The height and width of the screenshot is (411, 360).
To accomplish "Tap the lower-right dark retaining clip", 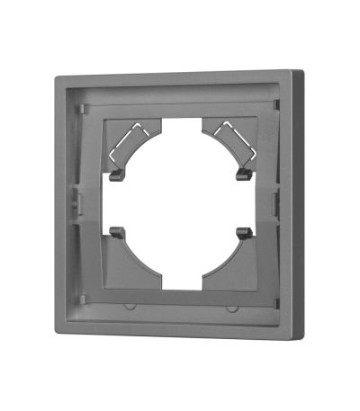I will (240, 232).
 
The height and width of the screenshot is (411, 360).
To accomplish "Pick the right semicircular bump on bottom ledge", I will (232, 307).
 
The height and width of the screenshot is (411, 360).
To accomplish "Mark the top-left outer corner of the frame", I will (57, 78).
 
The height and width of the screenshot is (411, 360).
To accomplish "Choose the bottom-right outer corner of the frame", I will (303, 339).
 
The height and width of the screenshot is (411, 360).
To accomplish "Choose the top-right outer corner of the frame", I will (297, 65).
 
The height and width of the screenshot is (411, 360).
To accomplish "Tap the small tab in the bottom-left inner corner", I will (83, 299).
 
